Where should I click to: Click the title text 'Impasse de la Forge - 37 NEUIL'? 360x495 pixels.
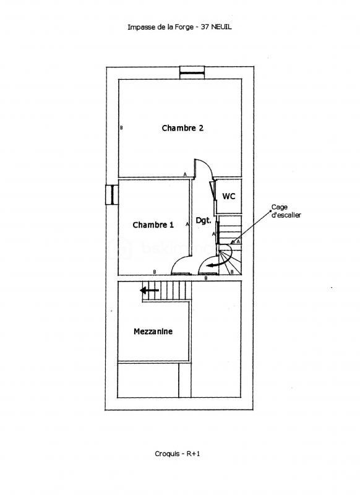pos(179,27)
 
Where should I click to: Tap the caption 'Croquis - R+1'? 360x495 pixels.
pos(179,454)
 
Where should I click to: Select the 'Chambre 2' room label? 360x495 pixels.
pos(182,128)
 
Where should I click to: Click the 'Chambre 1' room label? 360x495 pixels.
pos(153,225)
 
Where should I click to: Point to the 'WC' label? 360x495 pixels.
pos(229,196)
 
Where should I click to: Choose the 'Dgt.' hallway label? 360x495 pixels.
pos(204,220)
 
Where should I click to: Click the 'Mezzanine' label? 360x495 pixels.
pos(153,332)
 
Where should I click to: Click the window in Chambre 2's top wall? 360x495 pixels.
pos(192,72)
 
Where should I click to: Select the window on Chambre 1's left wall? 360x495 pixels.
pos(111,194)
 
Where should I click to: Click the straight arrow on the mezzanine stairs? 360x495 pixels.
pos(149,290)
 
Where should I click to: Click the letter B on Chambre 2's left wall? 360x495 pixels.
pos(121,128)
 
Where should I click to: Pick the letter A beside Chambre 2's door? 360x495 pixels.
pos(184,175)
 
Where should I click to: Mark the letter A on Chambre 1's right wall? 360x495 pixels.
pos(187,225)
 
